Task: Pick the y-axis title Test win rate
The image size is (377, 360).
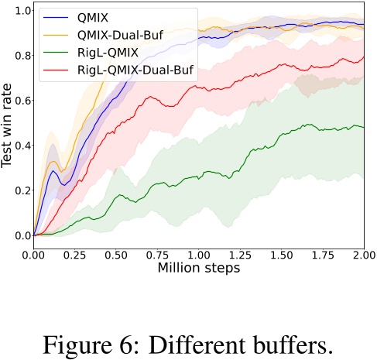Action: (x=8, y=125)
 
